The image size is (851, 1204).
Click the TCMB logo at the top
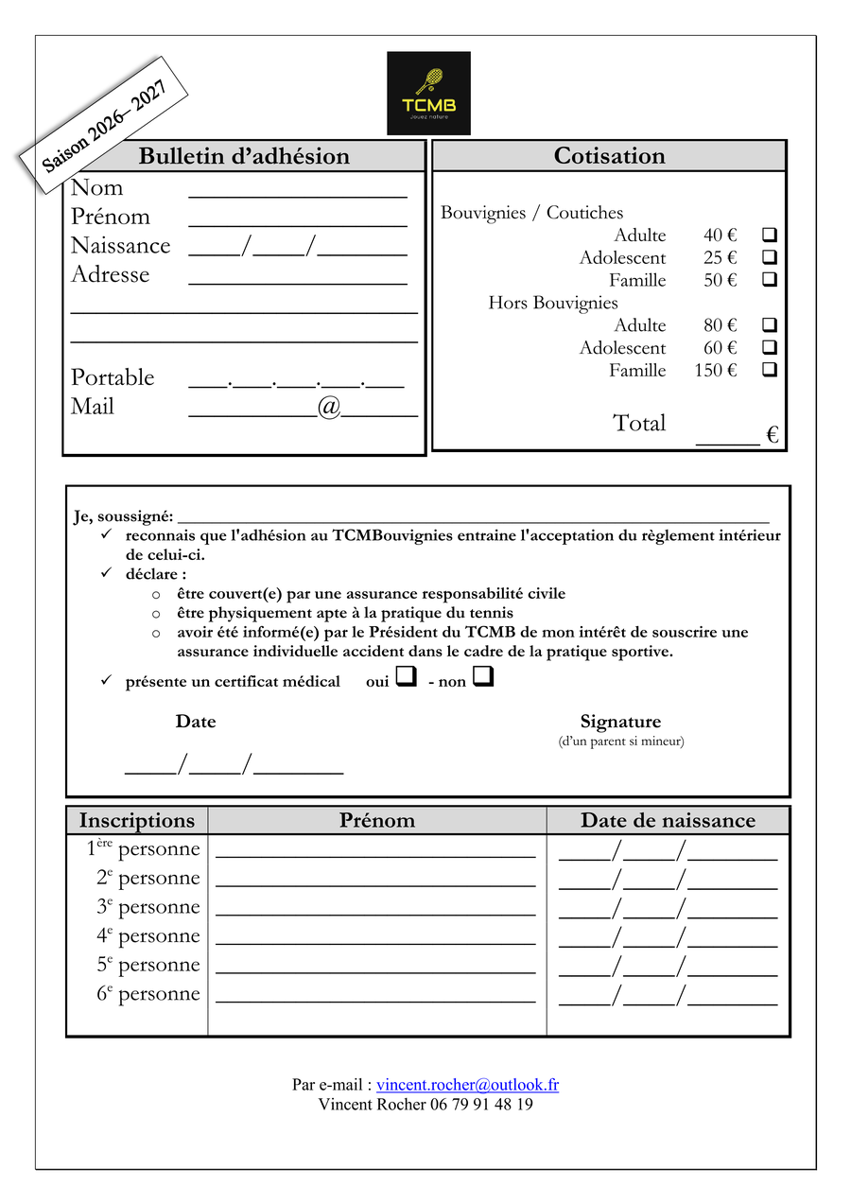tap(428, 93)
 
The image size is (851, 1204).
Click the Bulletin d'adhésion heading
tap(244, 156)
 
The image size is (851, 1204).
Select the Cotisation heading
tap(609, 156)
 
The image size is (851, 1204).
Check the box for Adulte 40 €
tap(769, 235)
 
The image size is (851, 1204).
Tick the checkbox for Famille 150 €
tap(769, 370)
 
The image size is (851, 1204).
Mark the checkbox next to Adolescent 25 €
tap(769, 257)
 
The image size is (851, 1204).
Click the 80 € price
tap(720, 325)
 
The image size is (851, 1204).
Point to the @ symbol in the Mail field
tap(329, 407)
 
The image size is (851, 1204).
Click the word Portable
tap(113, 377)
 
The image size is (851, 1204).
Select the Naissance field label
tap(120, 246)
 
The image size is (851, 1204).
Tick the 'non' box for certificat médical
tap(482, 677)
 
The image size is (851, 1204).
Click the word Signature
tap(620, 722)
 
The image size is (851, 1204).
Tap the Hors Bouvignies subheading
tap(553, 303)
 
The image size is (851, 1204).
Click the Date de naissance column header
tap(668, 820)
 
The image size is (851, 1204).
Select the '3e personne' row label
tap(148, 907)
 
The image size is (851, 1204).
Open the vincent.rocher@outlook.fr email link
tap(467, 1085)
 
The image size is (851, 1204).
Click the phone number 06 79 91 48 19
tap(481, 1104)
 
